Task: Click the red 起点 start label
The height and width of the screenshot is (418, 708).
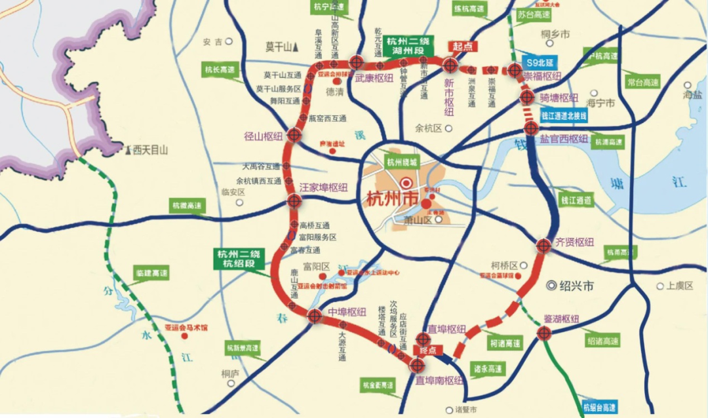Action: click(463, 47)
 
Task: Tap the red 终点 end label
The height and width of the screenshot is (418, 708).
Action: click(427, 351)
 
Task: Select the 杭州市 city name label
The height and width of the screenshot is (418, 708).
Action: click(387, 198)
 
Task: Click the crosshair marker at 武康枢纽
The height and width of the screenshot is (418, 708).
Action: click(356, 62)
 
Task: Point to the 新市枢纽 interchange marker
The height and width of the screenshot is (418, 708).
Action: click(450, 65)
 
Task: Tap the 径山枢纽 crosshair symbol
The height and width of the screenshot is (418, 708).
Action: click(293, 135)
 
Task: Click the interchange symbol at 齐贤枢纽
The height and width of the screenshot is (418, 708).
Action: click(543, 245)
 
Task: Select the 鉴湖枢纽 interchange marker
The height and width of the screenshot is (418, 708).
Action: click(543, 333)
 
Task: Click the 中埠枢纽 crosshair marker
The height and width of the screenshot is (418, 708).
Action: click(315, 316)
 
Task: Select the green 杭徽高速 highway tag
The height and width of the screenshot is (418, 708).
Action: click(187, 206)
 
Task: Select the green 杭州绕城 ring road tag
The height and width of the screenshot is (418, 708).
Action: click(401, 162)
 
